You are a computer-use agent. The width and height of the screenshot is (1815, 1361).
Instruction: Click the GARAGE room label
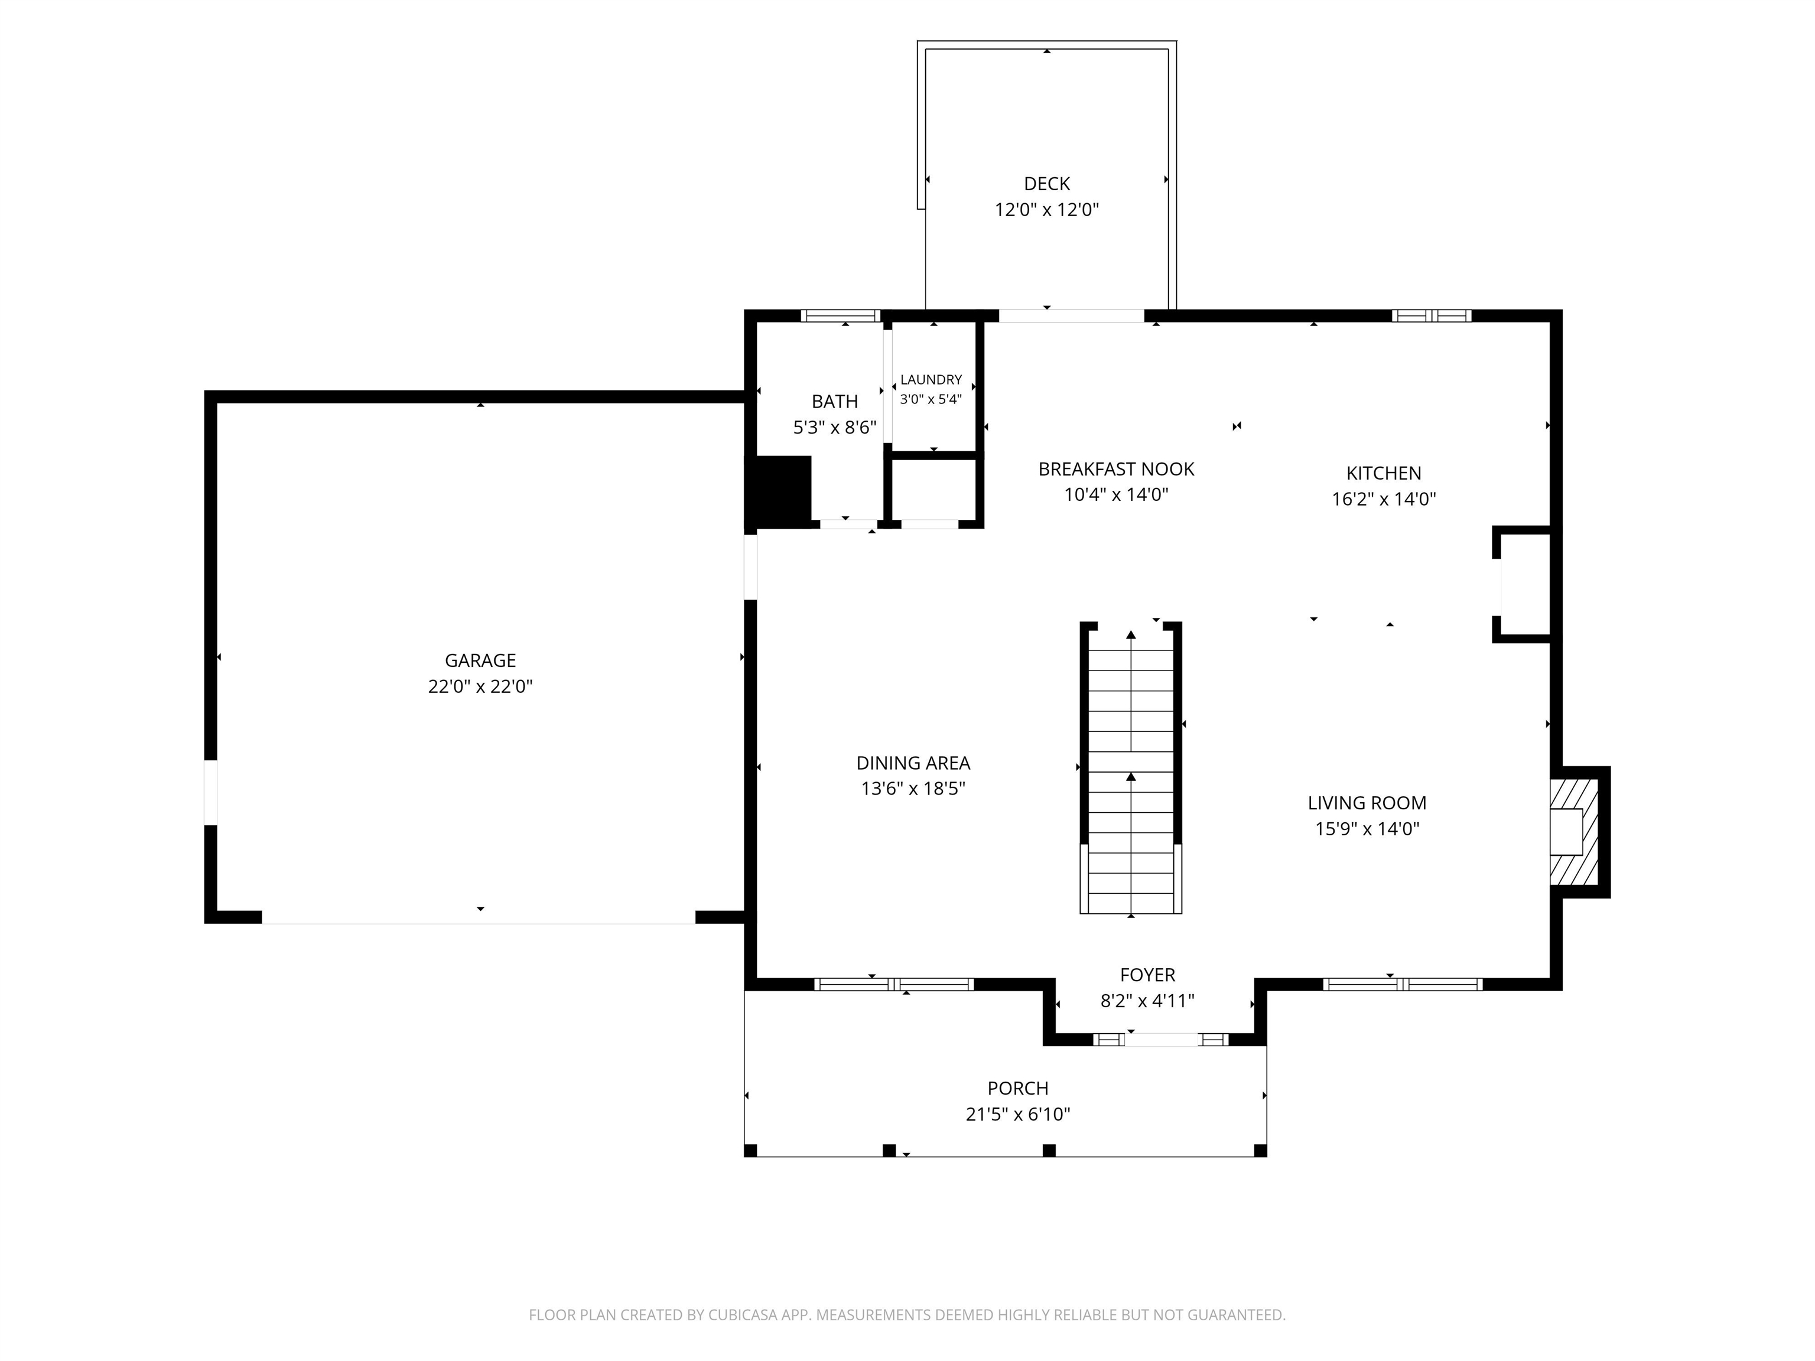click(480, 660)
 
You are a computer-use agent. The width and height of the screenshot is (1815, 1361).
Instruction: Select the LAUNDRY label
click(931, 380)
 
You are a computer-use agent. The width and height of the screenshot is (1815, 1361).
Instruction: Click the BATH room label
click(834, 402)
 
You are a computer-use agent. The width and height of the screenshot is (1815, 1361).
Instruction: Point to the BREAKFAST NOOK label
click(1116, 469)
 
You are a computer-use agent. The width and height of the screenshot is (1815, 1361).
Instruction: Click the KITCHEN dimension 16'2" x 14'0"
click(1383, 499)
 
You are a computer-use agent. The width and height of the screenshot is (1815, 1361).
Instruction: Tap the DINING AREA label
click(913, 763)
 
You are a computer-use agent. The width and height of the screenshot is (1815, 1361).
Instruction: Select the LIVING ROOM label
click(1367, 803)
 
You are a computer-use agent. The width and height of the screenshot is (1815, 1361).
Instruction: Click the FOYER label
click(1147, 975)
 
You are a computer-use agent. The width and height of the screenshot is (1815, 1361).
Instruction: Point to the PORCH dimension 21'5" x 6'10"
click(1017, 1114)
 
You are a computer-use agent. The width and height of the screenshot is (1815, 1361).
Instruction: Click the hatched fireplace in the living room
click(1574, 832)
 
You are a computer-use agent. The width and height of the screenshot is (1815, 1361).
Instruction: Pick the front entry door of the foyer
click(1160, 1040)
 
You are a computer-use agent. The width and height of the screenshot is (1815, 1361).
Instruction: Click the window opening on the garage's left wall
click(211, 793)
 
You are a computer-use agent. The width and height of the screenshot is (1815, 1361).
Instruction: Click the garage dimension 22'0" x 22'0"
click(480, 686)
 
